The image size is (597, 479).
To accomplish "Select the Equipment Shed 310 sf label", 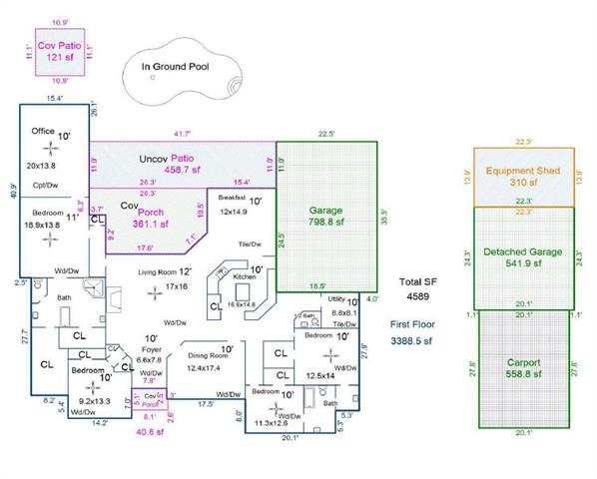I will [523, 177].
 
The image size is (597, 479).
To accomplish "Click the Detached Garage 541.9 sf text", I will [523, 256].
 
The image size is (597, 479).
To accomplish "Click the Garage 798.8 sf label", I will [326, 217].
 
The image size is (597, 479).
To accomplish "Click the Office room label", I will [43, 131].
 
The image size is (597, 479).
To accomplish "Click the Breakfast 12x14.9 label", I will [233, 205].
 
